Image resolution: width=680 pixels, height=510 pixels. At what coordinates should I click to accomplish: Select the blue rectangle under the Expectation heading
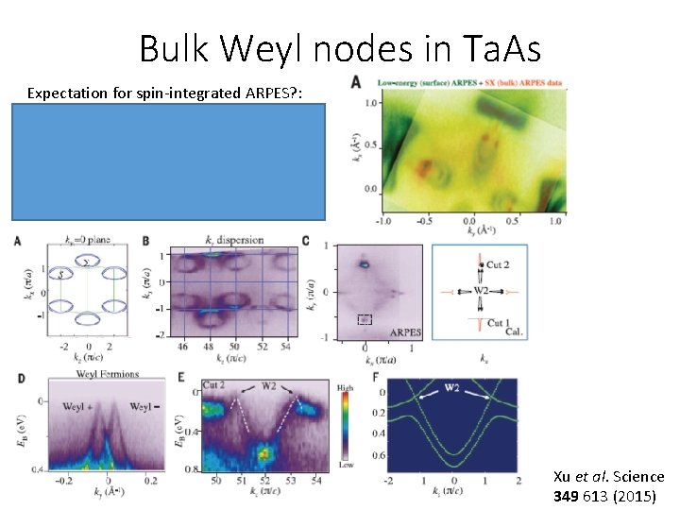(169, 161)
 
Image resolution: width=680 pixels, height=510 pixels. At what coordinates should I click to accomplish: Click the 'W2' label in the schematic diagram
(482, 290)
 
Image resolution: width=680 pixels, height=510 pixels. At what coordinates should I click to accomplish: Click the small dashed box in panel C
(365, 320)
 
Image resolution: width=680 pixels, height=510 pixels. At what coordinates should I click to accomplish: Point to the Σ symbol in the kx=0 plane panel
(87, 263)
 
